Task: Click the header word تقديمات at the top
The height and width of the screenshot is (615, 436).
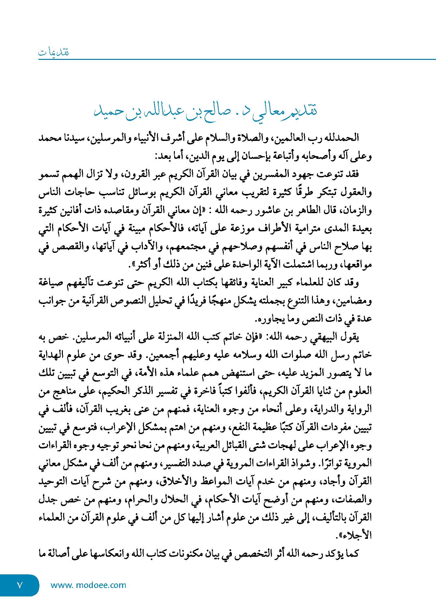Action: pos(54,52)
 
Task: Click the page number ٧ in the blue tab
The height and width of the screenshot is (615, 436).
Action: pos(20,585)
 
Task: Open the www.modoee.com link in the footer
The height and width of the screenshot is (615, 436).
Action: pos(88,585)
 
